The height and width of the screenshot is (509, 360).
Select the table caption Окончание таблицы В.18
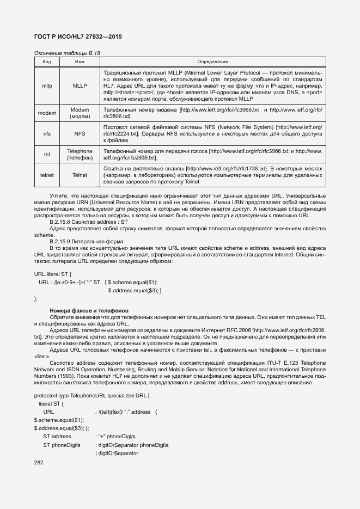(x=67, y=53)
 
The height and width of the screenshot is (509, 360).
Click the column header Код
(x=47, y=62)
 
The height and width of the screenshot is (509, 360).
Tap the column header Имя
(x=80, y=62)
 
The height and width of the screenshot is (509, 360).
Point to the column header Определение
(x=212, y=62)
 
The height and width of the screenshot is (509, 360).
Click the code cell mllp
(x=47, y=85)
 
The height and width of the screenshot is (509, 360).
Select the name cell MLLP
(x=80, y=85)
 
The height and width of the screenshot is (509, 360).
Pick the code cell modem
(x=47, y=113)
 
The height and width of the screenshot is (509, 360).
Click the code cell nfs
(x=47, y=133)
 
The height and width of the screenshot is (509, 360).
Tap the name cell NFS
(x=80, y=133)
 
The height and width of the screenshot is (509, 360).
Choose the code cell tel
(x=47, y=154)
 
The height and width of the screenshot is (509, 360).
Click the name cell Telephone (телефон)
(x=80, y=154)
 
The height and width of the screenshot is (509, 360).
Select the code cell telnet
(x=47, y=175)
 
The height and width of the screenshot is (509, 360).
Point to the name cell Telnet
(x=80, y=175)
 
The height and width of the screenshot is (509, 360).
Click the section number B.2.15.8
(x=64, y=222)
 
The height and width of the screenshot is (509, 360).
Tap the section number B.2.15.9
(x=64, y=241)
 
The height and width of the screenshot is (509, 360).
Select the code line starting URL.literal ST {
(x=53, y=274)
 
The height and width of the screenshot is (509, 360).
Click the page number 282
(x=39, y=463)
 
